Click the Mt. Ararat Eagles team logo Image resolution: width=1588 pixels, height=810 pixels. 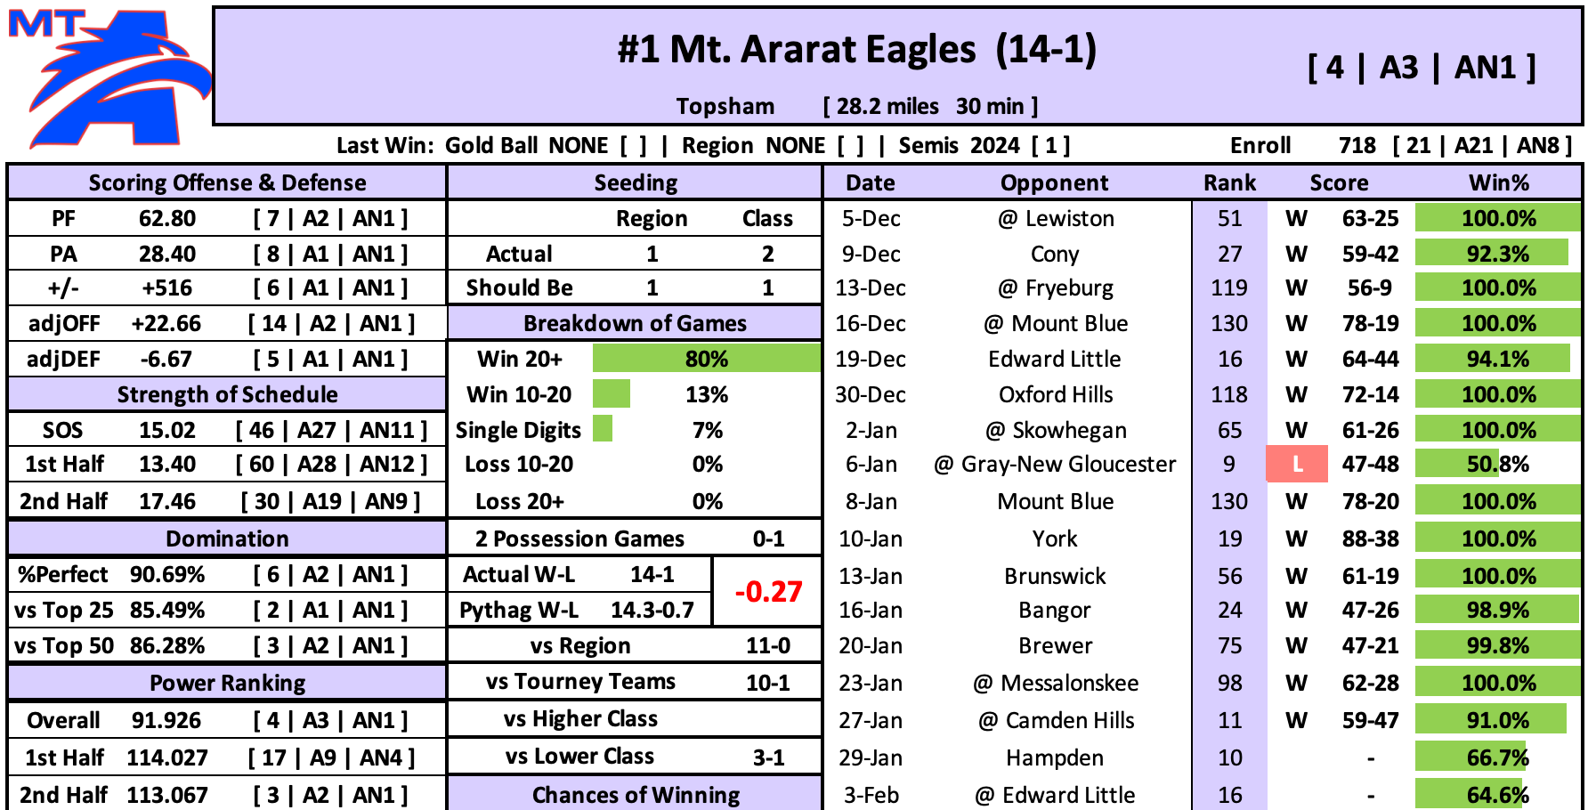click(x=107, y=78)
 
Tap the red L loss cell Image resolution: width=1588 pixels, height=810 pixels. click(x=1297, y=464)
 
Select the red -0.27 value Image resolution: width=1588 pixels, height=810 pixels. click(x=768, y=592)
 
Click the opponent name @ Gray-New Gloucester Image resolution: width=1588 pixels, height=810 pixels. click(x=1055, y=464)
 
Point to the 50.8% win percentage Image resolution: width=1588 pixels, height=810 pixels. click(x=1498, y=464)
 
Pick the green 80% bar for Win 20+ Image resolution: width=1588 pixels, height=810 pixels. click(x=706, y=359)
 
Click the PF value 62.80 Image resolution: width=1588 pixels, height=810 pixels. click(x=167, y=218)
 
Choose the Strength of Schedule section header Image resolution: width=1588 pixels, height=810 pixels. click(x=227, y=394)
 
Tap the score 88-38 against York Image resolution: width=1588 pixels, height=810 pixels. click(x=1371, y=539)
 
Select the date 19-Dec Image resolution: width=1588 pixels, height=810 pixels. click(x=871, y=359)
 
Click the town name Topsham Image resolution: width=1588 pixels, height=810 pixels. click(x=725, y=106)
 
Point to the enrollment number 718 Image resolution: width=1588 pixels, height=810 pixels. click(x=1357, y=145)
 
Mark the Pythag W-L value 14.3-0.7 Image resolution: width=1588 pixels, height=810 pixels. click(x=652, y=610)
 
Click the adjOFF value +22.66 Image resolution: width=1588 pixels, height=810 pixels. click(x=166, y=323)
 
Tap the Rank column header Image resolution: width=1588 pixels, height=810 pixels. click(x=1229, y=182)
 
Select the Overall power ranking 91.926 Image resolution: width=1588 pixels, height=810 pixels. click(x=166, y=720)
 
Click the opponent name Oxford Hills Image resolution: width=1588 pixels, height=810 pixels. click(x=1056, y=394)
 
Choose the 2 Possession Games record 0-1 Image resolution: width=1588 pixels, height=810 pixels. click(x=768, y=539)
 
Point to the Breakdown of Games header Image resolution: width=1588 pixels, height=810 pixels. click(x=635, y=323)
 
